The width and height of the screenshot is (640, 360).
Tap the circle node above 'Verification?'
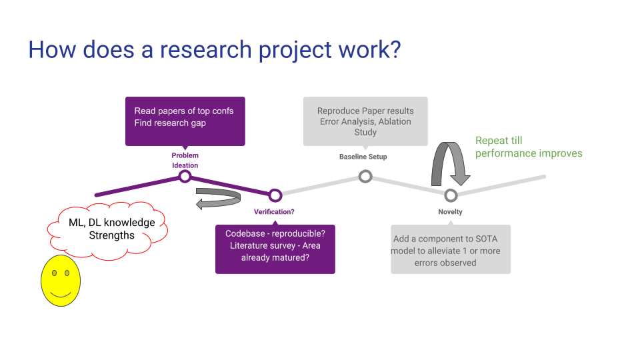click(275, 195)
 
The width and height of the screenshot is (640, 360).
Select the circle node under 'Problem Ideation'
click(185, 176)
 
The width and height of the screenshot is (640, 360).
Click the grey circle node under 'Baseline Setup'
click(365, 176)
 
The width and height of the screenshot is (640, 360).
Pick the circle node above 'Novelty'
click(451, 195)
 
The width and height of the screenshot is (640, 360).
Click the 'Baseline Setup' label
click(363, 157)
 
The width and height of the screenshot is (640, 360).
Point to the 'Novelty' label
click(450, 212)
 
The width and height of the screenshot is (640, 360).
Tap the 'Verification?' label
click(274, 212)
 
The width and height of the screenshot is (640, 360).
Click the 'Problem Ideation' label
click(185, 160)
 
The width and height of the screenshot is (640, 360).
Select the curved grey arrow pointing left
click(219, 198)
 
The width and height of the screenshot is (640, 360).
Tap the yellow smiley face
click(60, 280)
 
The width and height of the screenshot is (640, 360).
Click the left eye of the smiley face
click(53, 273)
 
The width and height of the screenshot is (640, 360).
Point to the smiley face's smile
click(60, 293)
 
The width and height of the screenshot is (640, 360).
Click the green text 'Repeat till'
click(499, 141)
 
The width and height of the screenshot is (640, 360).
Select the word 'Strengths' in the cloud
click(112, 235)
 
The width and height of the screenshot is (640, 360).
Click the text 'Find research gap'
click(170, 123)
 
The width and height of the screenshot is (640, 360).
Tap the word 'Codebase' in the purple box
click(245, 233)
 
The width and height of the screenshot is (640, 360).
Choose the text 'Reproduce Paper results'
click(365, 111)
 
